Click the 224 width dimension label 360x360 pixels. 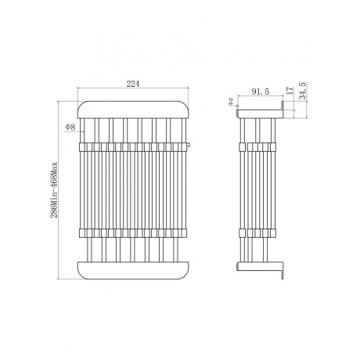tap(133, 84)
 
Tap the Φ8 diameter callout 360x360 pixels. tap(70, 127)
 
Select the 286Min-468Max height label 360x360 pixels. tap(54, 190)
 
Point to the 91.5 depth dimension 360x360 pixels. tap(261, 92)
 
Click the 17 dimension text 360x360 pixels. tap(290, 90)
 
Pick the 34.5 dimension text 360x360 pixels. tap(302, 91)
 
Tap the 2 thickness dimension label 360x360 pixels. tap(231, 101)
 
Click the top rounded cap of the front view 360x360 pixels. tap(133, 110)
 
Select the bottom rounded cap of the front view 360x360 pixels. tap(133, 270)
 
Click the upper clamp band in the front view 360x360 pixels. tap(133, 147)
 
